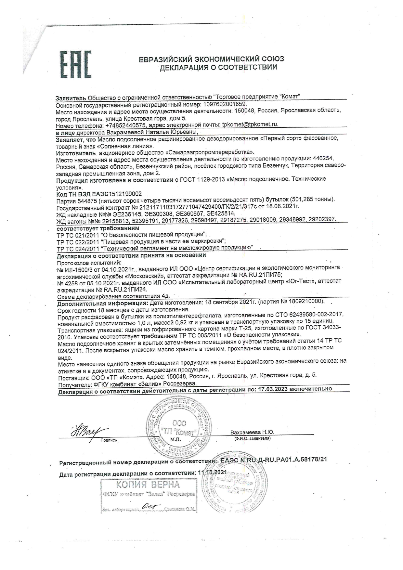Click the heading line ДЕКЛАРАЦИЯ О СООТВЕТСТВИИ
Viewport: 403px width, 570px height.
[218, 68]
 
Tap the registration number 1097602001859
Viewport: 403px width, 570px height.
[225, 104]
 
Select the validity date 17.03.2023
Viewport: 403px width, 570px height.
[272, 389]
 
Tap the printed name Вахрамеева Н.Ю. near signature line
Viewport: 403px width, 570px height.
[252, 432]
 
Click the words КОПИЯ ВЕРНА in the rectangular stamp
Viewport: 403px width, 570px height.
[148, 485]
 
